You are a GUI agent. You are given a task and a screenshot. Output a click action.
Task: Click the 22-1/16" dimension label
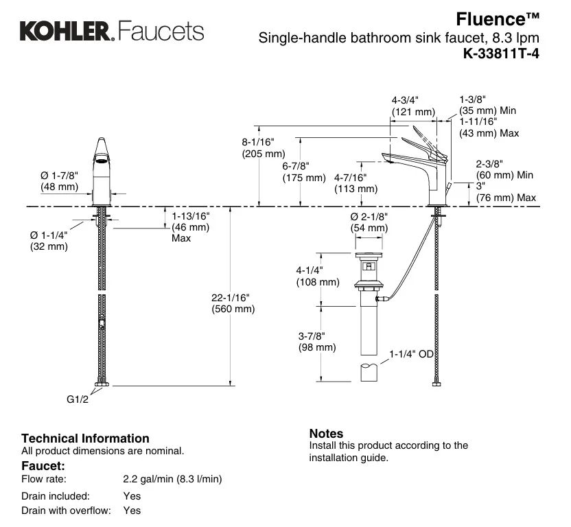tap(232, 297)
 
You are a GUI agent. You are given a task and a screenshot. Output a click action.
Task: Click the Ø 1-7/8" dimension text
tap(60, 176)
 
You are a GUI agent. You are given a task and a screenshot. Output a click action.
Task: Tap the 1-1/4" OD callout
tap(412, 354)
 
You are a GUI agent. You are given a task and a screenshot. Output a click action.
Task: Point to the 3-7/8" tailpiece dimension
tap(312, 336)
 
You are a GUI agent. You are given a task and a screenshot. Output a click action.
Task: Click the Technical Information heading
tap(85, 438)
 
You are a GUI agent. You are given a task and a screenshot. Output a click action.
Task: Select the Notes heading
tap(326, 433)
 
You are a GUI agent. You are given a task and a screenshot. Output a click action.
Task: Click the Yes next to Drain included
tap(132, 495)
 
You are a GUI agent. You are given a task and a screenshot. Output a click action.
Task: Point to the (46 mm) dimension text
tap(190, 227)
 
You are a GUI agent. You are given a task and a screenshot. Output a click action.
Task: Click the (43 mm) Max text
tap(489, 133)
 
